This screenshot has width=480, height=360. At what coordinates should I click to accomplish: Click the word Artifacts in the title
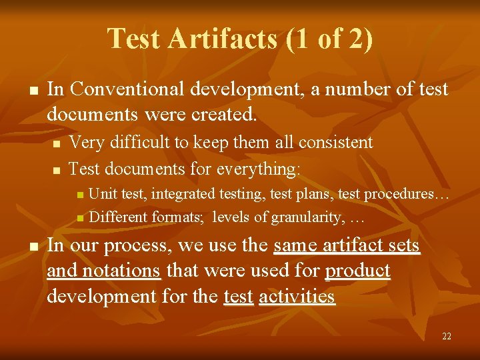click(223, 39)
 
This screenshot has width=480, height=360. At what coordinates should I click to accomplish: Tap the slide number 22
click(447, 337)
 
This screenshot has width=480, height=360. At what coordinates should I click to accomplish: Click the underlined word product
click(357, 271)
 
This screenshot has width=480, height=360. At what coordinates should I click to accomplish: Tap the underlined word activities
click(297, 296)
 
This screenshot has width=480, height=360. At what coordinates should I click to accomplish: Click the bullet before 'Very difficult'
click(57, 143)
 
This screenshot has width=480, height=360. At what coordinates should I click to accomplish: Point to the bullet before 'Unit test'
click(80, 195)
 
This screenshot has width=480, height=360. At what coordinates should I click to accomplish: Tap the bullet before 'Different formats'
click(80, 217)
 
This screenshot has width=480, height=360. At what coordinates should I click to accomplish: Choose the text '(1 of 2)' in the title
click(329, 39)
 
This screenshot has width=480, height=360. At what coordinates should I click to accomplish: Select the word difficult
click(133, 142)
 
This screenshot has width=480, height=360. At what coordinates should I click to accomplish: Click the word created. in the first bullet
click(224, 114)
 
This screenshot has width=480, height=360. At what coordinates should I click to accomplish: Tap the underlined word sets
click(403, 245)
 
